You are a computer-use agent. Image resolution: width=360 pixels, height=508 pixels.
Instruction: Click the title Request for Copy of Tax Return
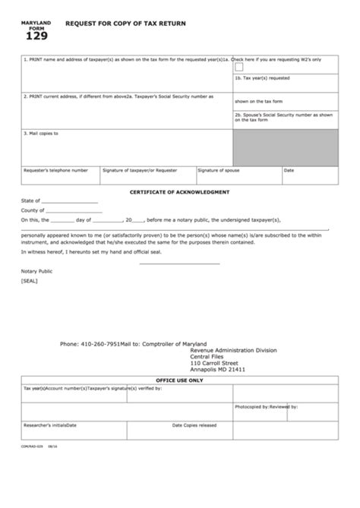(125, 24)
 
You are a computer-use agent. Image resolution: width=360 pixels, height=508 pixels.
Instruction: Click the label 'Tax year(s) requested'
(261, 78)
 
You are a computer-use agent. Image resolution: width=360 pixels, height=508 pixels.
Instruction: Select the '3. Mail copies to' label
(41, 133)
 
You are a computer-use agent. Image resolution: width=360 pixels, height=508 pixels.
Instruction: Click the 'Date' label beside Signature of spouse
(289, 170)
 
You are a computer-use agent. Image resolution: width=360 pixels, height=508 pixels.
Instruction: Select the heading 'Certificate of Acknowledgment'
(179, 193)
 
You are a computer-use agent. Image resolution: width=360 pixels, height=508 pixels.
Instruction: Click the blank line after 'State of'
(70, 203)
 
